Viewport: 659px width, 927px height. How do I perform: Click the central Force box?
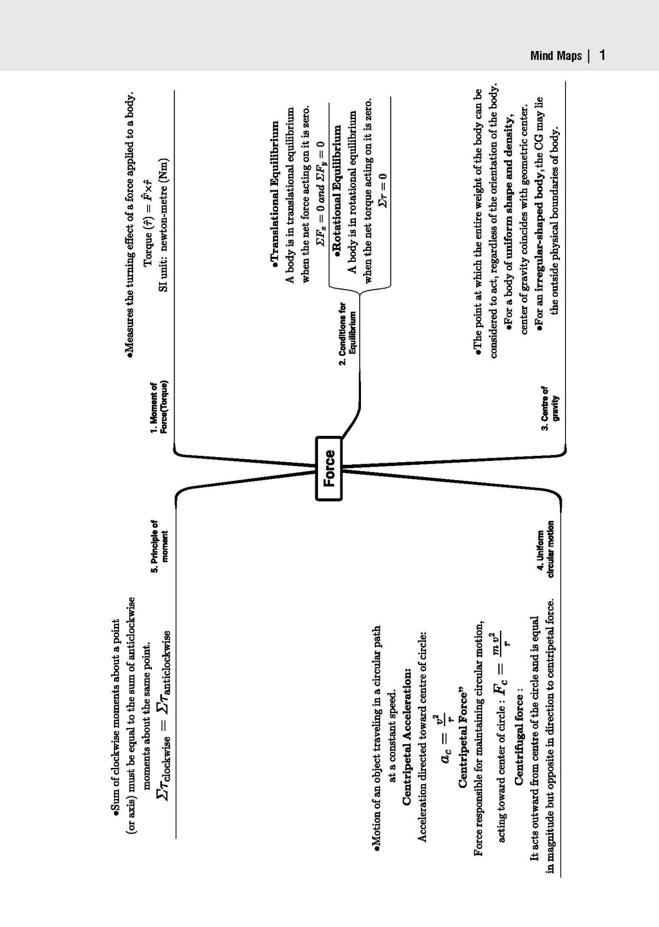click(329, 468)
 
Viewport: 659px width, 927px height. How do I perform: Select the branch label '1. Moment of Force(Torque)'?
click(159, 408)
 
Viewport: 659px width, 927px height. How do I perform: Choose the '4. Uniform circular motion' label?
click(545, 554)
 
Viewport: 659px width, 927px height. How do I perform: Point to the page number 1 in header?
click(602, 55)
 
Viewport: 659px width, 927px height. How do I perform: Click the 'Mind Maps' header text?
click(556, 56)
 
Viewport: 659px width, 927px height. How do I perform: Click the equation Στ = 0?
click(383, 189)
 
